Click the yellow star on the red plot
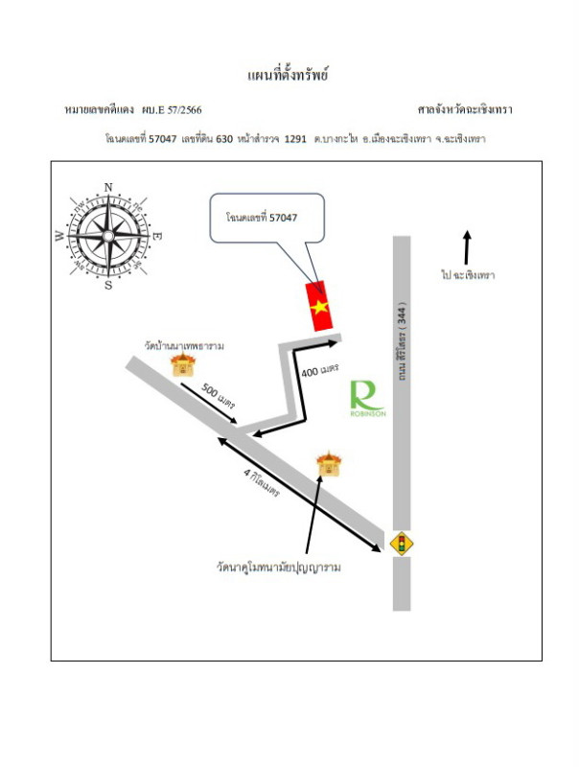(319, 307)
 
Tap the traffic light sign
(402, 544)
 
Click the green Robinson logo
(368, 399)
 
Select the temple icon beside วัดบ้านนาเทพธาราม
(183, 364)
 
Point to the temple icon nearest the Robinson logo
(329, 464)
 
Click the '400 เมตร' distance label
(320, 370)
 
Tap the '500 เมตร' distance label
(219, 397)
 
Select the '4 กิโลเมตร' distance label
(262, 482)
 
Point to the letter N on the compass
(108, 187)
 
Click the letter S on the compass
(108, 285)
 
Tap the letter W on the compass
(59, 236)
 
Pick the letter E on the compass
(157, 236)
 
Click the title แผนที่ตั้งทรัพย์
(288, 75)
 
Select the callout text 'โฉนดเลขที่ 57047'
(262, 218)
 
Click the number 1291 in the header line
(295, 139)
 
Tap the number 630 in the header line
(224, 139)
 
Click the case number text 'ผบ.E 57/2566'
(172, 109)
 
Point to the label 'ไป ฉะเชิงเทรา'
(468, 275)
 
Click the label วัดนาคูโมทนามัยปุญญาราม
(279, 568)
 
